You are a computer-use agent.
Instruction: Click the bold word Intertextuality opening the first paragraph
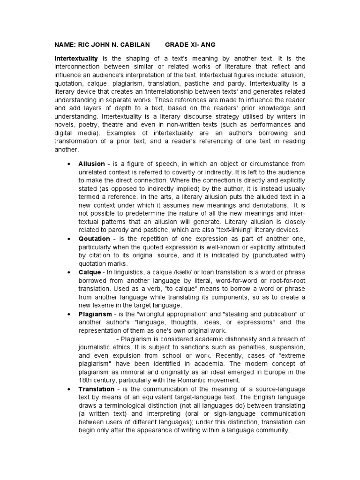(x=76, y=59)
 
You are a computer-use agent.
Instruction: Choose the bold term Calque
(x=90, y=272)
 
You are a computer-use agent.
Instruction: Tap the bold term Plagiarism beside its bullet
(x=95, y=314)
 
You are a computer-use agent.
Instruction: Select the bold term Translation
(x=97, y=389)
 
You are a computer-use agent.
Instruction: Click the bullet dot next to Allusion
(x=68, y=164)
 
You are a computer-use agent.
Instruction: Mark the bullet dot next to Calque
(x=68, y=272)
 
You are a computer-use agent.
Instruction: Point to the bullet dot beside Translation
(x=68, y=389)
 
